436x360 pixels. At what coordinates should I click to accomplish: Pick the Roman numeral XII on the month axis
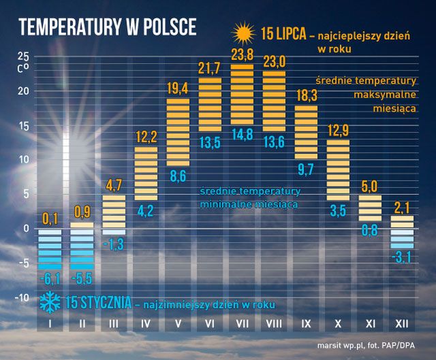pyautogui.click(x=403, y=324)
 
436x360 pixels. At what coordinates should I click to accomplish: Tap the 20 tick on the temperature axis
pyautogui.click(x=25, y=91)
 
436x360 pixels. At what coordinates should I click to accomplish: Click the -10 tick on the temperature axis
pyautogui.click(x=22, y=297)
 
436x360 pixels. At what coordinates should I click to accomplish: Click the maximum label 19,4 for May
pyautogui.click(x=178, y=88)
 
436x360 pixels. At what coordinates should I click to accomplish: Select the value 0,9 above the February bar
pyautogui.click(x=82, y=211)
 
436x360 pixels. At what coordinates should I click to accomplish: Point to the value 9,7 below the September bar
pyautogui.click(x=306, y=167)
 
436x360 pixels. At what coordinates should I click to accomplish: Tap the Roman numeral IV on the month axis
pyautogui.click(x=146, y=324)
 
